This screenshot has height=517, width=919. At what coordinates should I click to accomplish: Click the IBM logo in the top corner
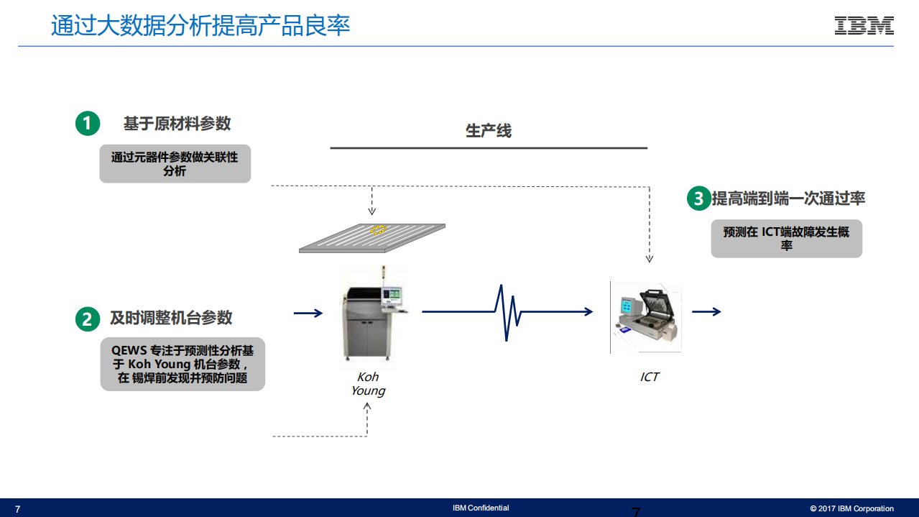coord(864,26)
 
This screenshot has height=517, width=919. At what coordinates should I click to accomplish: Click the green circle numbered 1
coord(87,124)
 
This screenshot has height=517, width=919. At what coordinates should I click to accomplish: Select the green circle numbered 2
coord(87,319)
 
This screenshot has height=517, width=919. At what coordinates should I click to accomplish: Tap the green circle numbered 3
coord(698,198)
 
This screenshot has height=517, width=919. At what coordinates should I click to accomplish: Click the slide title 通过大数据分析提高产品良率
coord(200,26)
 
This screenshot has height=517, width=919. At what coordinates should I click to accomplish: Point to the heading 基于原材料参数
coord(177,124)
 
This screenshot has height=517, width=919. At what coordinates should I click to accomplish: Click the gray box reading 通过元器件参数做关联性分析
coord(175,164)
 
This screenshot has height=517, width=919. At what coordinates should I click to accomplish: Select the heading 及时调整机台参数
coord(171,318)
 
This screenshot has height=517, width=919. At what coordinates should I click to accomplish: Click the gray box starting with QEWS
coord(183,364)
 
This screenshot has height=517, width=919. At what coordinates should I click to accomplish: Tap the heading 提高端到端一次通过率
coord(788,198)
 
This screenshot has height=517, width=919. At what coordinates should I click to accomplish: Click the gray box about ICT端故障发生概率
coord(786,239)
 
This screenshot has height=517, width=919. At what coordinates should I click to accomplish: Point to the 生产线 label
coord(489,131)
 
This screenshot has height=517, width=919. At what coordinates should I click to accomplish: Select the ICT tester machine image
coord(646,316)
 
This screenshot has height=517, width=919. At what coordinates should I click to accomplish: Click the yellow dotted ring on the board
coord(378,230)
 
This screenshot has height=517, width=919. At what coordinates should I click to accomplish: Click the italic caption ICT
coord(649,377)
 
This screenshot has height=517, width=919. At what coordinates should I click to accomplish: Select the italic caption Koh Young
coord(368,384)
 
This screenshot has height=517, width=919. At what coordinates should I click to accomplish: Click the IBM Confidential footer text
coord(481,508)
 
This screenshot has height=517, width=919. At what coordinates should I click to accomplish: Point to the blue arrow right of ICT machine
coord(706,311)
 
